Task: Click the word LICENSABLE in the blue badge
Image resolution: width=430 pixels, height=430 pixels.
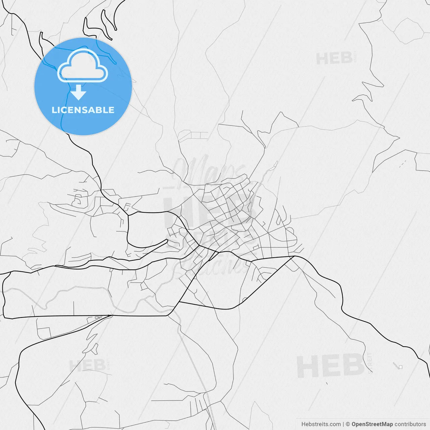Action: tap(83, 110)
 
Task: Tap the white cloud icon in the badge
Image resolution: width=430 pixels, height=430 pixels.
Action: tap(83, 67)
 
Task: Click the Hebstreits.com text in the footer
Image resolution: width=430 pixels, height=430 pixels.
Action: tap(321, 424)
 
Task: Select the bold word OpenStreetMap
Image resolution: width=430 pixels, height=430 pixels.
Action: tap(372, 424)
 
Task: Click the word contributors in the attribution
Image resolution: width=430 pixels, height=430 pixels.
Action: tap(410, 424)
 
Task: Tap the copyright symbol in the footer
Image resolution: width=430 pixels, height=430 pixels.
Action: tap(348, 424)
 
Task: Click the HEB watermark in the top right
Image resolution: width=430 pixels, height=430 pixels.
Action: tap(334, 59)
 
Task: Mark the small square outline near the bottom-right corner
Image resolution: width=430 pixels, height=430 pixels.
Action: tap(400, 367)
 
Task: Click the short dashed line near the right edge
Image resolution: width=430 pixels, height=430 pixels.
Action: tap(402, 164)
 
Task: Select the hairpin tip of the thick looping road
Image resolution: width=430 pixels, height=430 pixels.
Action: tap(167, 241)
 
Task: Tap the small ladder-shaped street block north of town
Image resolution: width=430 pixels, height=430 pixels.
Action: tap(193, 136)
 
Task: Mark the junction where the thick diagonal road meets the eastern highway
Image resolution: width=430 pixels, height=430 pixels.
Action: tap(294, 257)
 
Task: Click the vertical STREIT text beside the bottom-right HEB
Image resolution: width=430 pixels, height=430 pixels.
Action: tap(370, 363)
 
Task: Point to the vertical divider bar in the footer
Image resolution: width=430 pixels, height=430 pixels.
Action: tap(343, 424)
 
